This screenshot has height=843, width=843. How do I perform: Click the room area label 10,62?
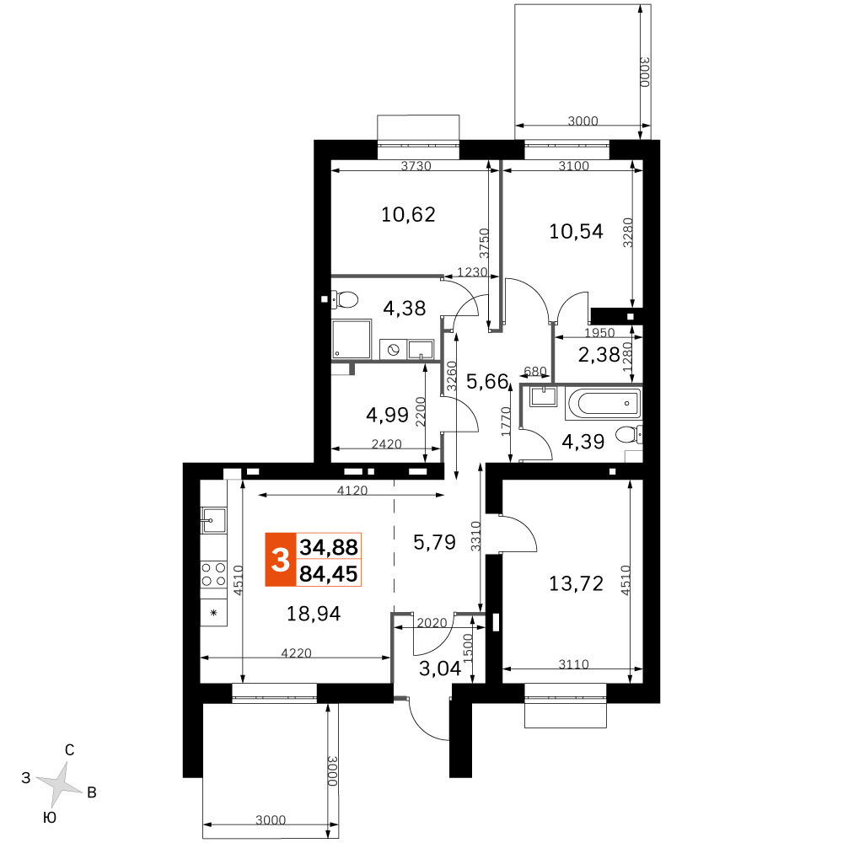pos(408,214)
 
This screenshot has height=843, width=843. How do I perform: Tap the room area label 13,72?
pos(576,583)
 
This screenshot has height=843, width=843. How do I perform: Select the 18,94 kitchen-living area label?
pos(314,614)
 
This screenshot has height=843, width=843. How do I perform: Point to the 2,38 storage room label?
pos(599,355)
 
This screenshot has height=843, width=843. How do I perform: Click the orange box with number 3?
pos(280,560)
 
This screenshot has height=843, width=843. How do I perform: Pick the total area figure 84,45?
pos(329,573)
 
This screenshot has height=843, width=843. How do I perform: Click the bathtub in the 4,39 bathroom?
pos(604,403)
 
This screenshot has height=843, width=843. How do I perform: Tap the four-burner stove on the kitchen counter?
pos(213,573)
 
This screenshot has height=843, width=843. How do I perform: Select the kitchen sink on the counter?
pos(213,520)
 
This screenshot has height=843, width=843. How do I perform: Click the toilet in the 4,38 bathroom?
pos(344,299)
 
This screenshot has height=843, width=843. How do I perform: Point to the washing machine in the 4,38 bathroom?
pos(393,350)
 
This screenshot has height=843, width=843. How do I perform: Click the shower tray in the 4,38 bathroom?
pos(351,339)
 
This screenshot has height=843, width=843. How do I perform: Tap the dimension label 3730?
pos(416,166)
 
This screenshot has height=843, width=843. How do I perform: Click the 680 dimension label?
pos(535,372)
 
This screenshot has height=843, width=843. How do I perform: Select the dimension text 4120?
pos(352,491)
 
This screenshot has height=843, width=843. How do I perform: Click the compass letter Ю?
pos(50,818)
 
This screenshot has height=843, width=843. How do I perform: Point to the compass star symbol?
pos(60,783)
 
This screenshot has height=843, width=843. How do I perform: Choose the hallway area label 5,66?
pos(487,382)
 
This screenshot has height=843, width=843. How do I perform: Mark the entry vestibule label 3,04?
pos(440,668)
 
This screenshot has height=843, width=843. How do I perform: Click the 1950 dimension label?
pos(599,333)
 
